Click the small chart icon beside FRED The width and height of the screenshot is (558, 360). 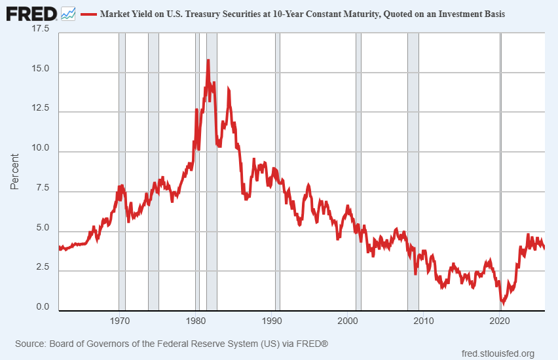68,13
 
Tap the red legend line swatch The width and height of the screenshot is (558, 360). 88,14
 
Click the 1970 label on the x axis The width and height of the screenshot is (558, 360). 119,321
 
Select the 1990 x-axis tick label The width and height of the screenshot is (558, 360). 271,321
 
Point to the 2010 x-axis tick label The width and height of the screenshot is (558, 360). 424,321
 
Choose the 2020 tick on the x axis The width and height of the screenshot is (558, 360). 500,321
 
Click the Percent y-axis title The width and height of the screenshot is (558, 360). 15,171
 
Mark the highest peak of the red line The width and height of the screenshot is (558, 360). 208,61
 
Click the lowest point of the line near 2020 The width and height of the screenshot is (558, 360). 503,302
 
